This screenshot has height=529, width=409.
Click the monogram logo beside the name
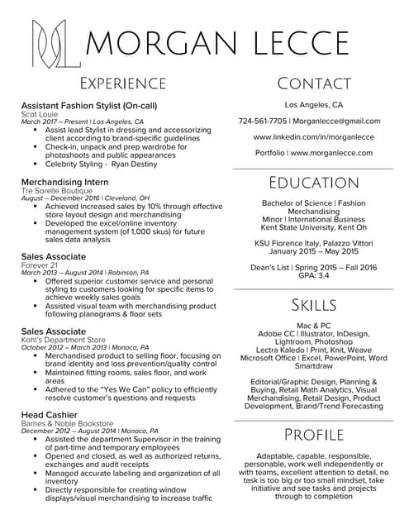coord(55,42)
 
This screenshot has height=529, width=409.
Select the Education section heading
coord(313,183)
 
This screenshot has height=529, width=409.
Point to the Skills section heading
coord(313,305)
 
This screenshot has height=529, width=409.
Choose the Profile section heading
coord(313,435)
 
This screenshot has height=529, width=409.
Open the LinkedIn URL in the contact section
coord(313,137)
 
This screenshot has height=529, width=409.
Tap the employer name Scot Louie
coord(39,113)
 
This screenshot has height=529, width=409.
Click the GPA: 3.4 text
coord(313,274)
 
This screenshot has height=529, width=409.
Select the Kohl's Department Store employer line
coord(64,340)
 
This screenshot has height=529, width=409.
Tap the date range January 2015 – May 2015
coord(313,250)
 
